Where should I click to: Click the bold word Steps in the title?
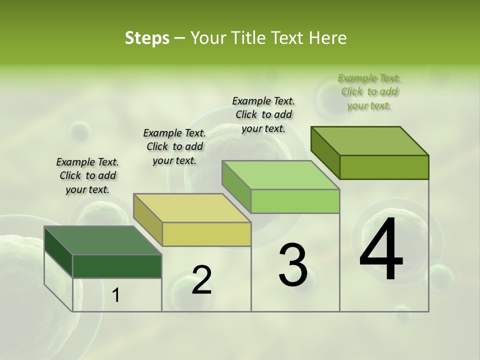[147, 38]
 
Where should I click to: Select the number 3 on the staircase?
[292, 264]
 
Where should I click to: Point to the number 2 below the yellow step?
[201, 280]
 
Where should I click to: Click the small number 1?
[115, 295]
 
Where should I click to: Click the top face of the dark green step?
[102, 240]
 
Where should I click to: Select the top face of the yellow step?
[192, 208]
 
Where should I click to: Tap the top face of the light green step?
[280, 175]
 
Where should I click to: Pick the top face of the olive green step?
[369, 140]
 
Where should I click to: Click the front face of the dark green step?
[117, 266]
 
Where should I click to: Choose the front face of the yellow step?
[206, 234]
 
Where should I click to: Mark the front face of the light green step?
[295, 201]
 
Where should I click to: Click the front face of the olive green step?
[384, 167]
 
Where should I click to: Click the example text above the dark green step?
[87, 175]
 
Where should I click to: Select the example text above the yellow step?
[174, 146]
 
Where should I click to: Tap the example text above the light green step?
[263, 114]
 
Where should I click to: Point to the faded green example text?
[369, 91]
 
